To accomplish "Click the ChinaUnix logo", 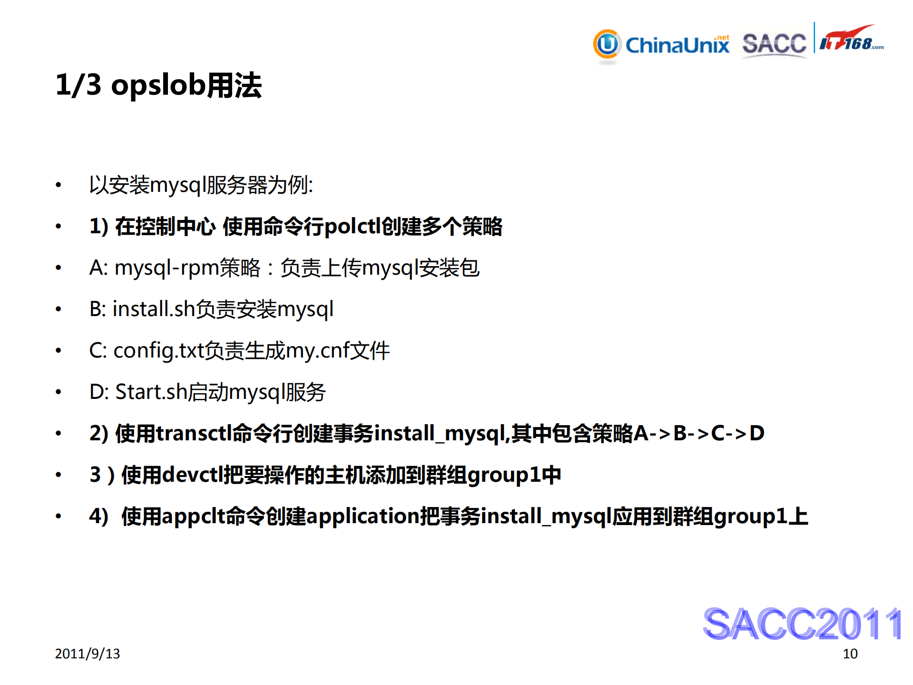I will pyautogui.click(x=661, y=45).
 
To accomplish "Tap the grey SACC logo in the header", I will pyautogui.click(x=774, y=44).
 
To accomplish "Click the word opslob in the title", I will pyautogui.click(x=158, y=86).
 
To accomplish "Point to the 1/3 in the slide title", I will pyautogui.click(x=79, y=85).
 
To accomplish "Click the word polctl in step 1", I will pyautogui.click(x=352, y=227).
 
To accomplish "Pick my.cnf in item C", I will pyautogui.click(x=318, y=351).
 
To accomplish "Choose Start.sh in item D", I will pyautogui.click(x=151, y=392).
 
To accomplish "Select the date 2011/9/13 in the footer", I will pyautogui.click(x=88, y=654).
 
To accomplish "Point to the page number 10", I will pyautogui.click(x=850, y=654).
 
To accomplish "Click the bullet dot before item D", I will pyautogui.click(x=59, y=392).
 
